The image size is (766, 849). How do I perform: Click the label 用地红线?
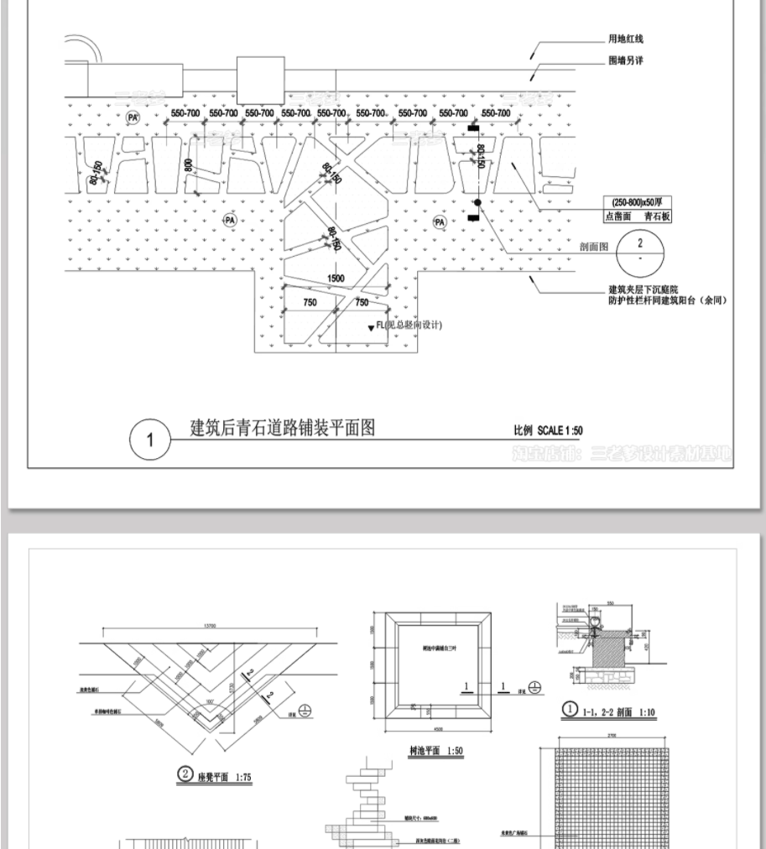point(626,39)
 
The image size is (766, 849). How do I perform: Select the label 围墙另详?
point(626,61)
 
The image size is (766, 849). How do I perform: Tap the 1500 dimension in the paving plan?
point(336,279)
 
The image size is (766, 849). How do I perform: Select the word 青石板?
point(658,216)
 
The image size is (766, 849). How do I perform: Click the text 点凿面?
point(618,216)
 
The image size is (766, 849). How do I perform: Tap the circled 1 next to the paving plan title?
point(150,440)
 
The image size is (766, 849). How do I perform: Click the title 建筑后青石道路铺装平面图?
point(283,428)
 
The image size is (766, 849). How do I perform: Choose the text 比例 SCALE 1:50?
point(548,430)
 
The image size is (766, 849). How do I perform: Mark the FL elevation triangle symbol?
point(370,328)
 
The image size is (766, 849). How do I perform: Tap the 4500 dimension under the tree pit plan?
point(428,728)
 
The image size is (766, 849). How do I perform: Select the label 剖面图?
point(593,247)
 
